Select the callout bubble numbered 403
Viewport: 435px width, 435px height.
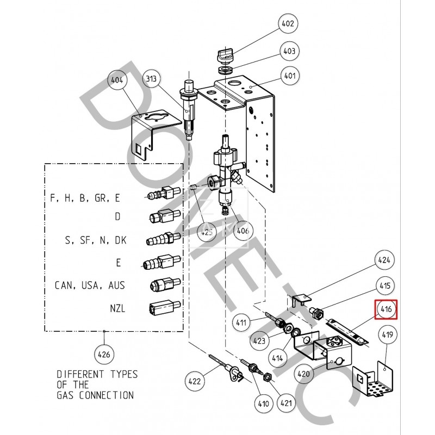pyautogui.click(x=289, y=51)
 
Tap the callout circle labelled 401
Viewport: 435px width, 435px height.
pyautogui.click(x=289, y=76)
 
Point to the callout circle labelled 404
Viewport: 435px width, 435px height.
pyautogui.click(x=116, y=80)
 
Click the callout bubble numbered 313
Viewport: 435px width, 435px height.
pyautogui.click(x=153, y=80)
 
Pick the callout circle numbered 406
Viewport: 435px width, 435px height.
pyautogui.click(x=243, y=231)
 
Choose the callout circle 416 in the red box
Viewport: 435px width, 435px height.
pyautogui.click(x=386, y=310)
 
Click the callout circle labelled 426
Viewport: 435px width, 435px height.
pyautogui.click(x=103, y=355)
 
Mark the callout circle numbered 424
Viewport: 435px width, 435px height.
pyautogui.click(x=384, y=260)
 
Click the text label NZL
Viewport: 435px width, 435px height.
pyautogui.click(x=116, y=308)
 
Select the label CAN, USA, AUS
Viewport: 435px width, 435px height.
pyautogui.click(x=90, y=285)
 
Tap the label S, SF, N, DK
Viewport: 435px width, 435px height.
pyautogui.click(x=96, y=239)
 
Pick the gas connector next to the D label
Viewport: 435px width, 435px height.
pyautogui.click(x=161, y=217)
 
